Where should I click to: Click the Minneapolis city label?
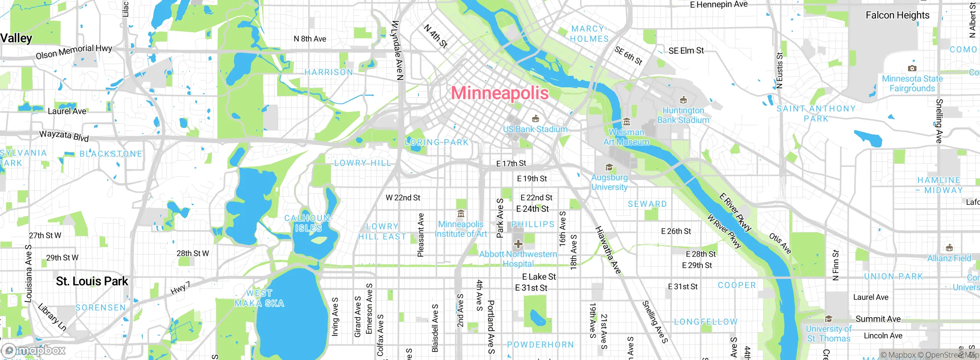pos(500,93)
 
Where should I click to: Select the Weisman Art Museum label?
pos(626,137)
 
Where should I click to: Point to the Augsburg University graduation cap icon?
pos(609,167)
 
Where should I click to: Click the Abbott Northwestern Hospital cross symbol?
pos(518,244)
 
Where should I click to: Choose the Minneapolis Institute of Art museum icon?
pos(461,214)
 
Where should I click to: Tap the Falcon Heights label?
pos(897,15)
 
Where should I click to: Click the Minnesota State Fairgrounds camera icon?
pos(912,68)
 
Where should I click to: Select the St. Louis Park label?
pos(92,281)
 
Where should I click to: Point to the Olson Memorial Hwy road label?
pos(74,52)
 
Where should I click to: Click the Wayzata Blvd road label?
pos(64,136)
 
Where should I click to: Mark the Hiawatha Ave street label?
pos(608,250)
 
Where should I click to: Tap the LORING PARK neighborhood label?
pos(437,142)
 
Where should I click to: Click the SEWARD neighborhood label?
pos(647,204)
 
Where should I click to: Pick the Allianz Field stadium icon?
pos(949,247)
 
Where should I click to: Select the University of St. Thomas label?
pos(828,334)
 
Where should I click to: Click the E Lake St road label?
pos(539,277)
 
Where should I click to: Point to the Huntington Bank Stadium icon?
pos(683,100)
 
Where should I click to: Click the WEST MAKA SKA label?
pos(259,298)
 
